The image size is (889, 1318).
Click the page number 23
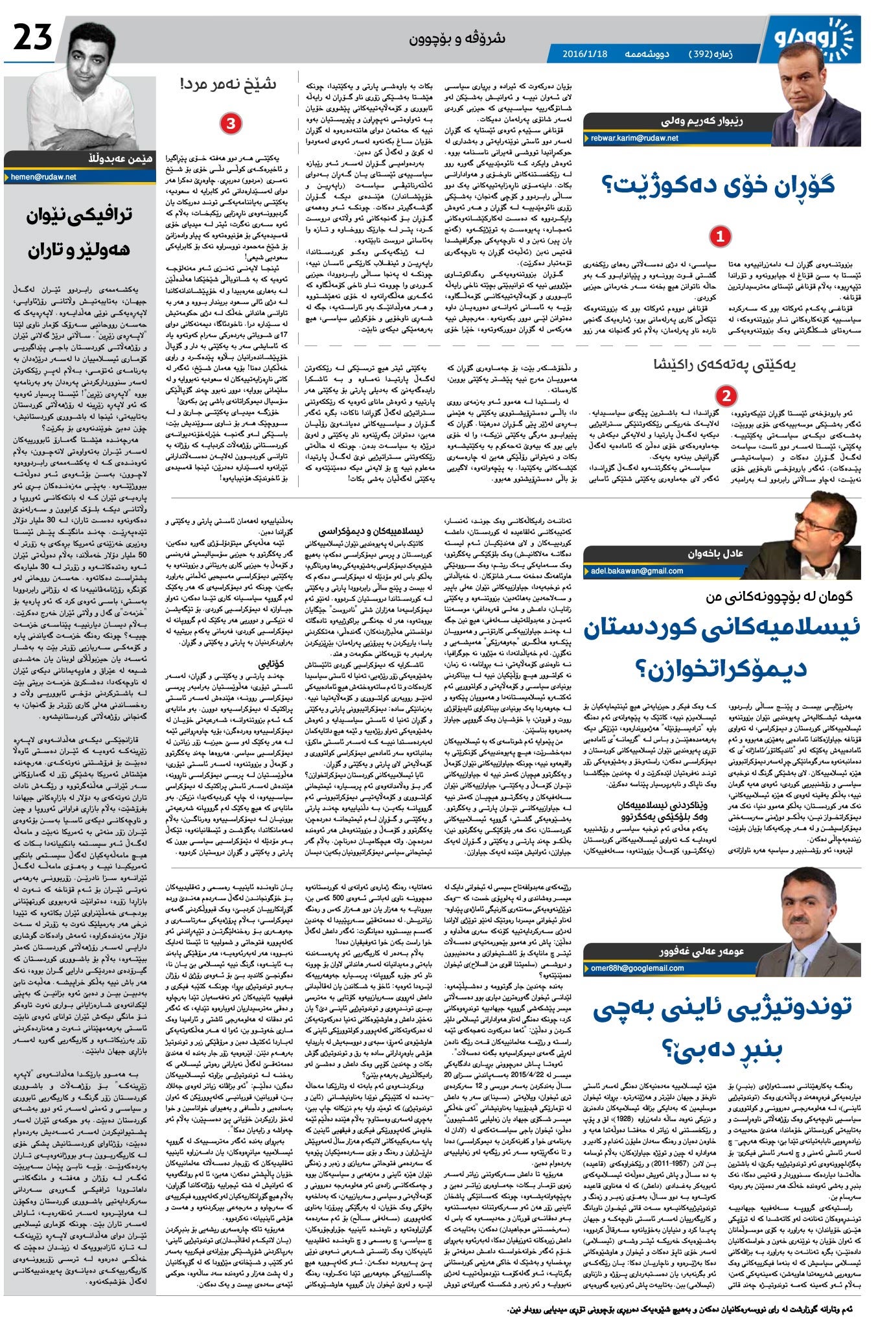coord(33,38)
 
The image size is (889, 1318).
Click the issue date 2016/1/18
coord(585,54)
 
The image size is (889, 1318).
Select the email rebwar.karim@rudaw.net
coord(634,138)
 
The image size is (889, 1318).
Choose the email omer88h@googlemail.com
coord(638,968)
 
